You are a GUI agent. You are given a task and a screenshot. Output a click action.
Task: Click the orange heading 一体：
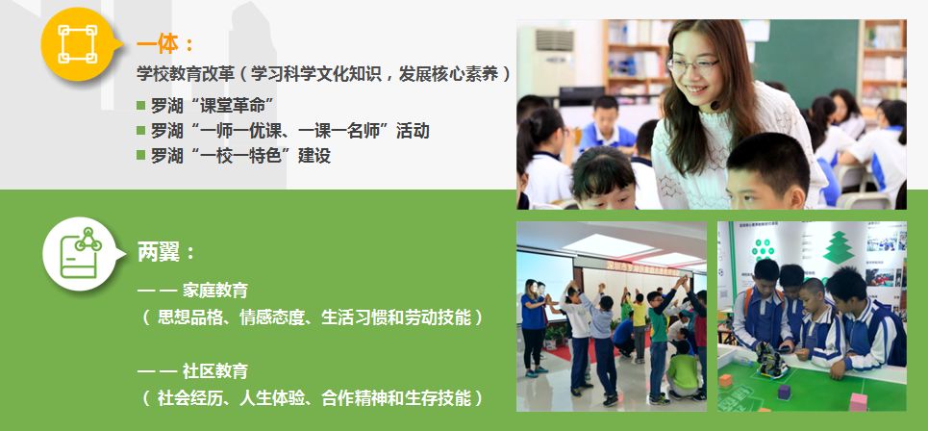pos(164,44)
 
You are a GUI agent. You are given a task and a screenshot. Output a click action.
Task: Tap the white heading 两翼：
pos(165,252)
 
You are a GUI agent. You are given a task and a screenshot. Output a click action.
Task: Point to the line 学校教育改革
pos(323,73)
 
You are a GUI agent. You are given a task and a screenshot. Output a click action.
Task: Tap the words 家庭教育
pos(215,290)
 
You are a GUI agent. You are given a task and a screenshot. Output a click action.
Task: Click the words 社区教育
pos(215,371)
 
